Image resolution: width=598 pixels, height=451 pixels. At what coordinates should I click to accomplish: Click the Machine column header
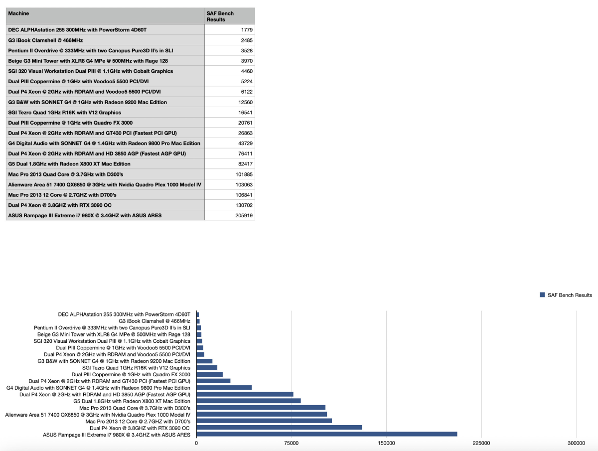tap(19, 13)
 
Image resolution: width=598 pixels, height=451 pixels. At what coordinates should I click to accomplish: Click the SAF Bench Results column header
tap(220, 16)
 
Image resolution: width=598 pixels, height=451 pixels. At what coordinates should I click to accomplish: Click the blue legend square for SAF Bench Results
tap(542, 295)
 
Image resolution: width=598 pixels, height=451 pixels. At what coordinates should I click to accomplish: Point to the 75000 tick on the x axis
tap(292, 443)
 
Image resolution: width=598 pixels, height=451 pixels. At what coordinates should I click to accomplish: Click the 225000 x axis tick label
tap(481, 443)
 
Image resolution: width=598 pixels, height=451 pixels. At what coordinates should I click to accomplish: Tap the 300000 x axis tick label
tap(576, 443)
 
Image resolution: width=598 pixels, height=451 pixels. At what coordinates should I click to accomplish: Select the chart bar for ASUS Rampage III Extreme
tap(326, 434)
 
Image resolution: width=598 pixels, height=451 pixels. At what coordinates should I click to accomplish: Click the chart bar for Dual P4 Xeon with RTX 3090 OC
tap(279, 428)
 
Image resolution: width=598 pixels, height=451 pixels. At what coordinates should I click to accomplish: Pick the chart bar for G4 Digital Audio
tap(224, 387)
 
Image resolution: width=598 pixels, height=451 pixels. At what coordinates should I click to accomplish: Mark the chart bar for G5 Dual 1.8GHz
tap(249, 401)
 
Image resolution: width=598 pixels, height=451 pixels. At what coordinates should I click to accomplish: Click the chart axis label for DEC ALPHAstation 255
tap(124, 314)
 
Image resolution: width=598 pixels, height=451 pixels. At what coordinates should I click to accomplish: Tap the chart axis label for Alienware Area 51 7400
tap(98, 414)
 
